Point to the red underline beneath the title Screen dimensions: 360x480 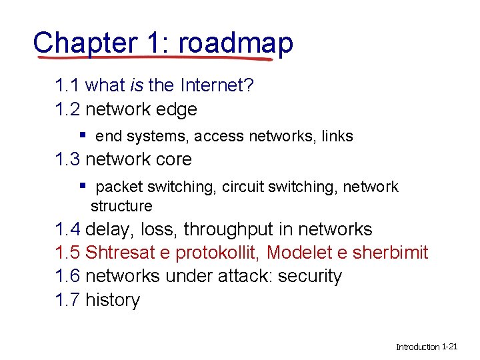click(x=153, y=59)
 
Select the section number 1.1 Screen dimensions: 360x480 click(x=68, y=85)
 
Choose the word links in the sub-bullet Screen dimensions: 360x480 click(x=337, y=137)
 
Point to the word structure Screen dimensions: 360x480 click(x=121, y=206)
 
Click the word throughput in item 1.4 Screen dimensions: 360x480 click(x=228, y=230)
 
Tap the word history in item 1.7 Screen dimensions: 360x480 click(x=113, y=300)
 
